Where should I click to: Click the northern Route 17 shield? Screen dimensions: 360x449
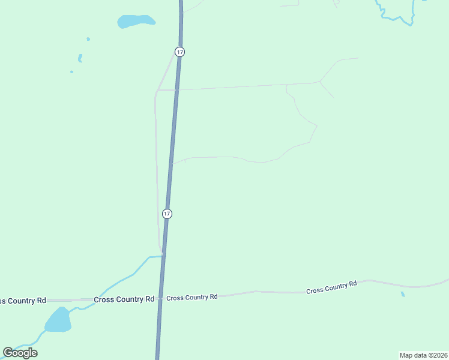tap(179, 52)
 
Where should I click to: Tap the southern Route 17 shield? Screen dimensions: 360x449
tap(167, 214)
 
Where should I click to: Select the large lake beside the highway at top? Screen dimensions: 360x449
tap(136, 22)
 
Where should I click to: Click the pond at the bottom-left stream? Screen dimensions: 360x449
tap(58, 320)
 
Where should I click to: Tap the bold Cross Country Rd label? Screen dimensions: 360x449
tap(124, 299)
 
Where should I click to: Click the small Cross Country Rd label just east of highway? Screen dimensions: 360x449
tap(191, 298)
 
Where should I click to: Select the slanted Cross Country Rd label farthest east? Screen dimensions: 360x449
tap(331, 287)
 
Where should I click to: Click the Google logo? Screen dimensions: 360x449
tap(20, 352)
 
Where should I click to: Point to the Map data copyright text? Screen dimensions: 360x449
tap(423, 355)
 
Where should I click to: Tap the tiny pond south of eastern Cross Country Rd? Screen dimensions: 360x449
tap(403, 294)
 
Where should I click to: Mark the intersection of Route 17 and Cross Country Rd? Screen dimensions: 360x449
tap(161, 298)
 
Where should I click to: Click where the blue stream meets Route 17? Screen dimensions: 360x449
tap(163, 256)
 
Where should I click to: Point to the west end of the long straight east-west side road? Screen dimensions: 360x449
tap(157, 91)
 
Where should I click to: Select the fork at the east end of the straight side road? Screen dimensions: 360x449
tap(319, 82)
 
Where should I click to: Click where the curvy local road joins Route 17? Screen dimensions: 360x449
tap(172, 163)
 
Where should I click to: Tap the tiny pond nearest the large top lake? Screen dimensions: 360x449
tap(88, 39)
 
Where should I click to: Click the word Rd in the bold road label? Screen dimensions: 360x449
tap(149, 299)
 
